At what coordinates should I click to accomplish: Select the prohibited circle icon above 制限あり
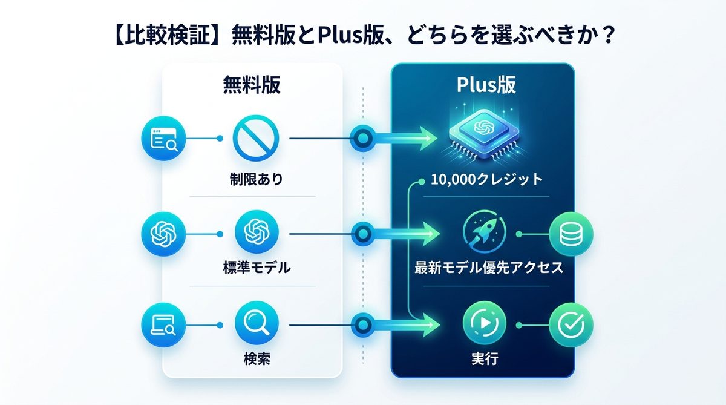[x=256, y=139]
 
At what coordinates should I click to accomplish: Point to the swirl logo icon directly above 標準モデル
[x=256, y=232]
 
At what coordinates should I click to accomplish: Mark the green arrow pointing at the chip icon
[x=411, y=139]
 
